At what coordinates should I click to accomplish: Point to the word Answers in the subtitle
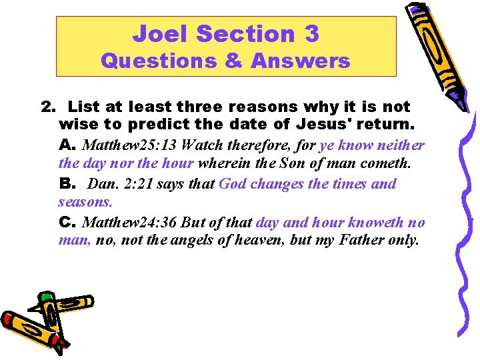tap(300, 61)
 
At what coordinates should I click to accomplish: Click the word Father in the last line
tap(361, 241)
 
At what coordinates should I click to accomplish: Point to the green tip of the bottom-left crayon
tap(46, 297)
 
